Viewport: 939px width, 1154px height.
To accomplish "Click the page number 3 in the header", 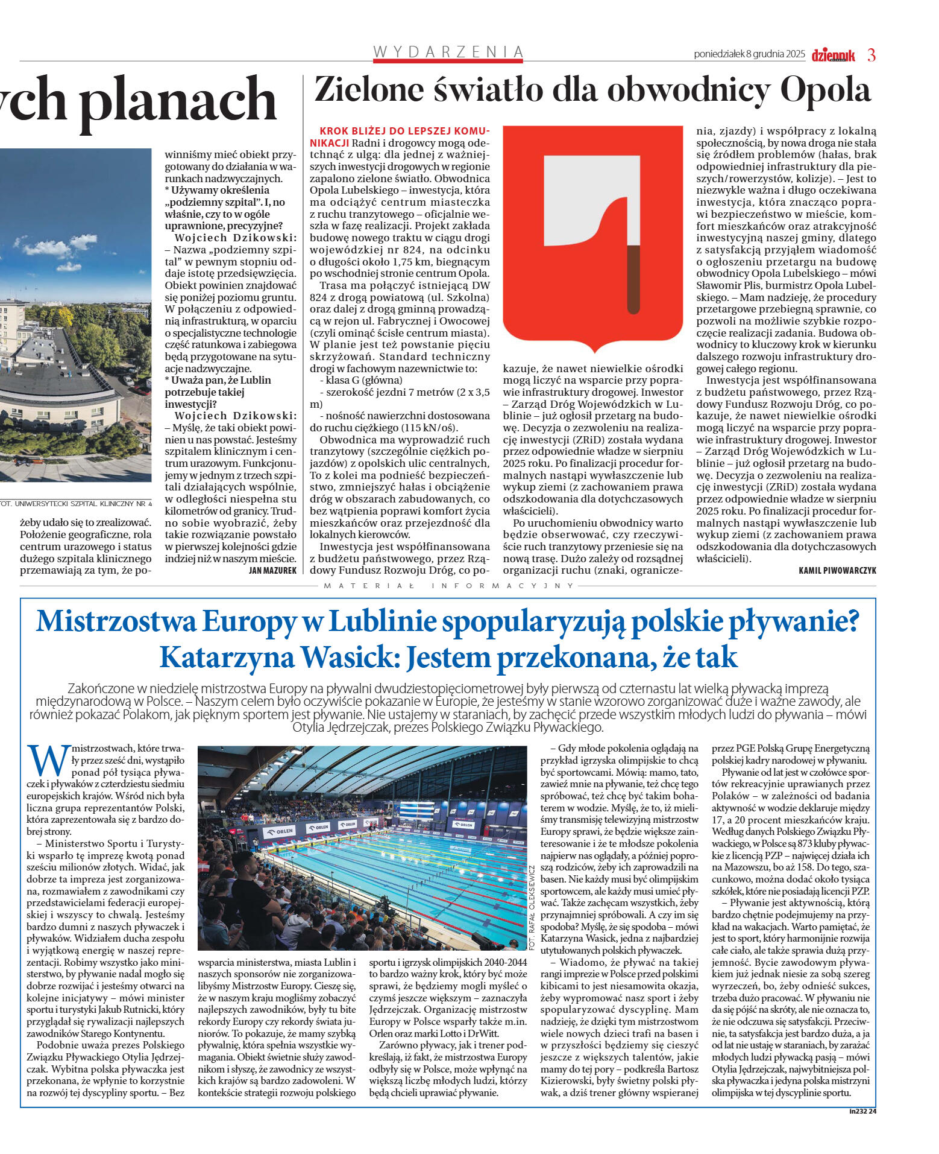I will coord(871,55).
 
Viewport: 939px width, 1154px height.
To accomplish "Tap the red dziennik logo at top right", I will coord(833,55).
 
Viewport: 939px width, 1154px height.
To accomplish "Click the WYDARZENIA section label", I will coord(448,52).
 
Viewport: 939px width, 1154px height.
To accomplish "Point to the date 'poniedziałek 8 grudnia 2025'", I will coord(749,54).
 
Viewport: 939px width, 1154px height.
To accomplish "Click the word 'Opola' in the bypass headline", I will coord(825,90).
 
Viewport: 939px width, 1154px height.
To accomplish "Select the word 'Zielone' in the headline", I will coord(369,90).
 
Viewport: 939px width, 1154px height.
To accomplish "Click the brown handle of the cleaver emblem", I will coord(633,280).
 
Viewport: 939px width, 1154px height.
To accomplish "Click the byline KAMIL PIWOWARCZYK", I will coord(837,570).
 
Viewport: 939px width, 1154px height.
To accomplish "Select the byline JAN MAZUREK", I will coord(272,570).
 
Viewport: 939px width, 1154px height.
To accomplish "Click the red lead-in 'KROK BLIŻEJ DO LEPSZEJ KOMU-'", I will coord(404,131).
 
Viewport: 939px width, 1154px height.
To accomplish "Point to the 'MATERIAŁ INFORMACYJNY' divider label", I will coord(448,586).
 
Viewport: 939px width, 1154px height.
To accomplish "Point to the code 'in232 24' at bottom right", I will coord(862,1111).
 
